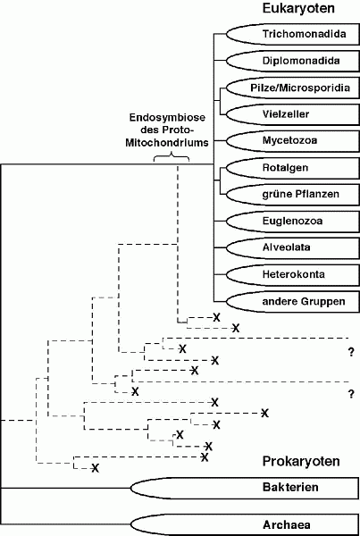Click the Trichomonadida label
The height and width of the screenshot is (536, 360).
[x=304, y=34]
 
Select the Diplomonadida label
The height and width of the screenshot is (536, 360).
[x=301, y=61]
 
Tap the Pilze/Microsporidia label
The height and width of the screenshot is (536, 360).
[x=300, y=88]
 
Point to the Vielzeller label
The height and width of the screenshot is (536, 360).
[x=286, y=113]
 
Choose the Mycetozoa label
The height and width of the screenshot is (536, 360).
[x=289, y=140]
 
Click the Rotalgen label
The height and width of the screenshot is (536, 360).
[x=285, y=168]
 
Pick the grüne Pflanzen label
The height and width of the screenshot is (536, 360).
[x=300, y=194]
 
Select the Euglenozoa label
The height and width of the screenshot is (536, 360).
[x=292, y=221]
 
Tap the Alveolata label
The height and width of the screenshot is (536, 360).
[x=286, y=247]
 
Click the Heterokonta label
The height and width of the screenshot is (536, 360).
[x=293, y=274]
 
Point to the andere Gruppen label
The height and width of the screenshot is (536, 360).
[x=304, y=302]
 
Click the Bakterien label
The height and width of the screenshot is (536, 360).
[x=290, y=487]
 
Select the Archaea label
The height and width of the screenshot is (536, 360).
[x=286, y=524]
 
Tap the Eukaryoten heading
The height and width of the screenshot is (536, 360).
[x=298, y=8]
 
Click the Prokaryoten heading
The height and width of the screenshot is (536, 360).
[x=301, y=461]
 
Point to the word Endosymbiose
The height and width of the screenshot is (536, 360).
[x=167, y=118]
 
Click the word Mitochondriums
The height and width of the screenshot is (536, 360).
[x=167, y=142]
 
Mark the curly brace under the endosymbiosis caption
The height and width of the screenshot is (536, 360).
[x=171, y=157]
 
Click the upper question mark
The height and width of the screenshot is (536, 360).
[x=351, y=352]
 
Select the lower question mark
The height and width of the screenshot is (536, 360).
[x=351, y=394]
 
